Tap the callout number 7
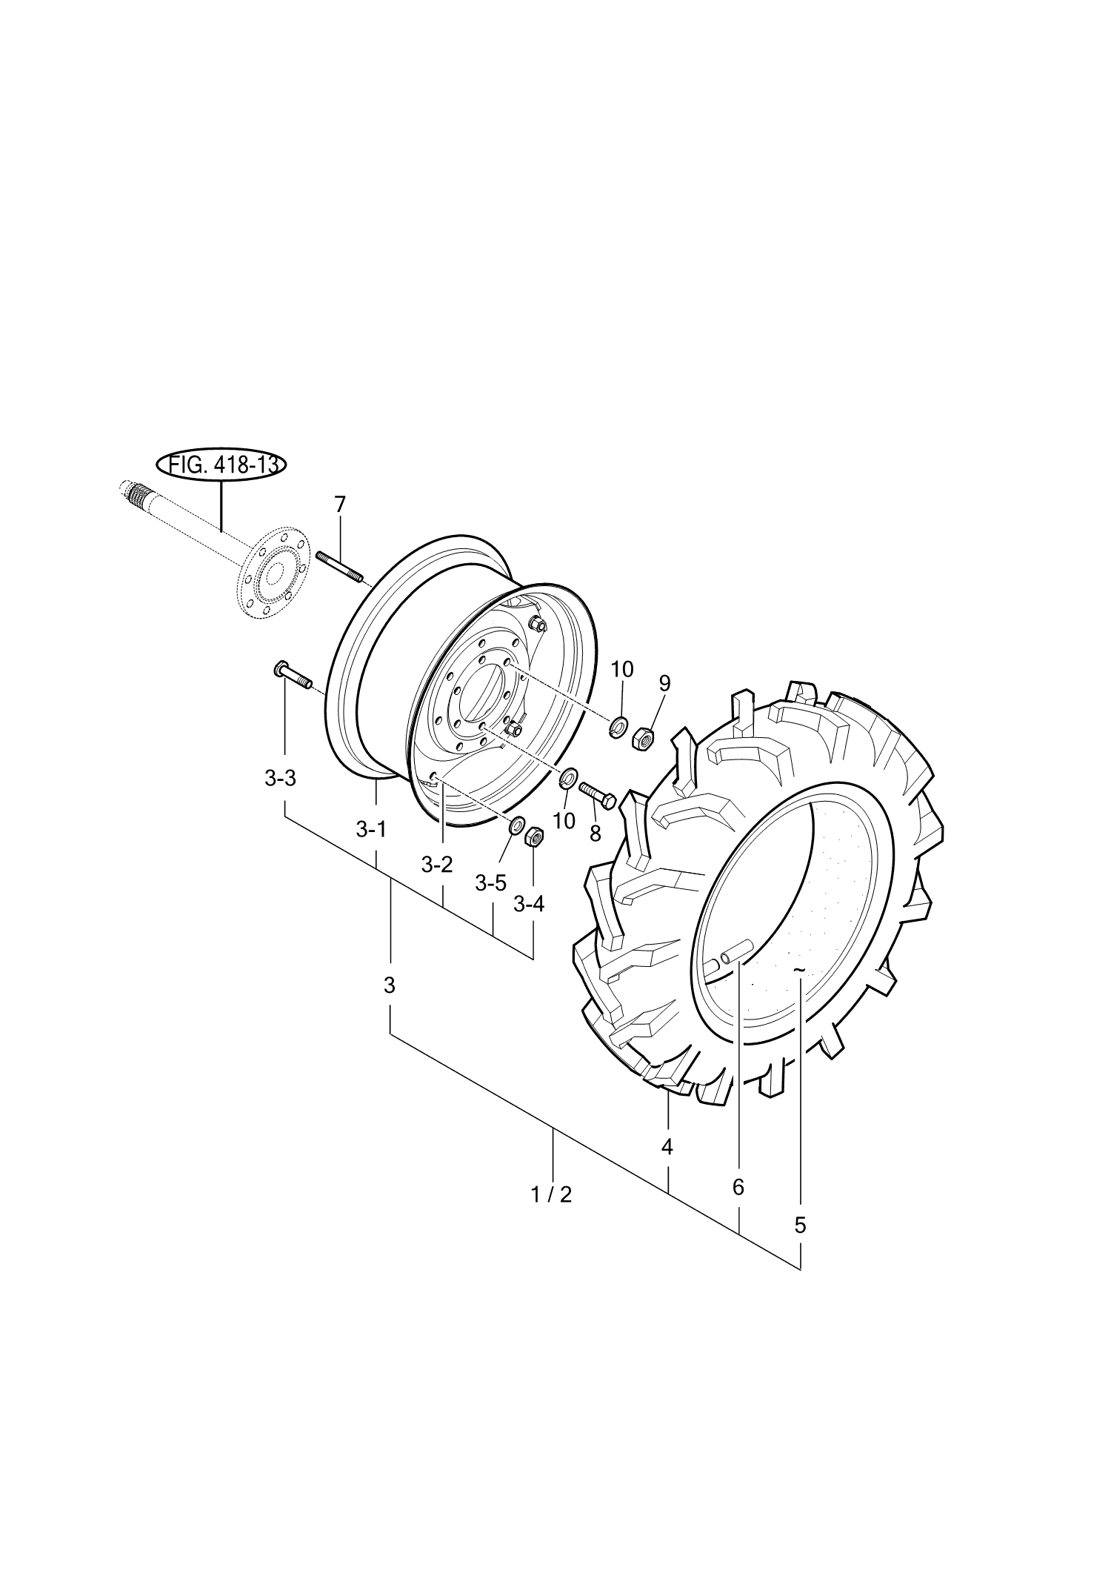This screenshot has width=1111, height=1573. coord(340,505)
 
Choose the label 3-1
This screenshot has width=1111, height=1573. coord(371,829)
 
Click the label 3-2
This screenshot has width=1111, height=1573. coord(437,865)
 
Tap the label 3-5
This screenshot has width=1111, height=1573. coord(490,883)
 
